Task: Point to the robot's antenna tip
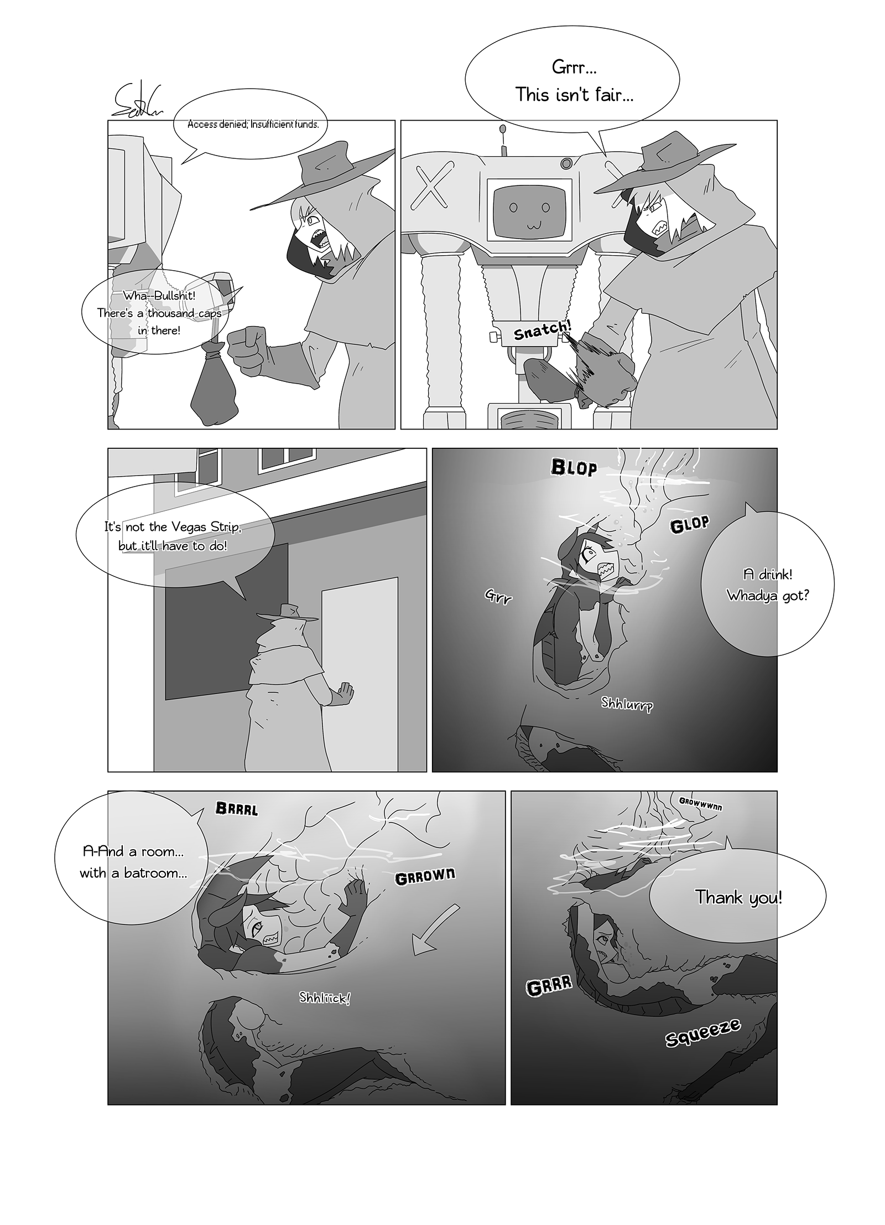[503, 130]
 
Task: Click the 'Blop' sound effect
[574, 468]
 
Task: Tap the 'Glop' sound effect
[690, 524]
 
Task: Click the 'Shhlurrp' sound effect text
[627, 704]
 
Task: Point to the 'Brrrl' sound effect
[237, 809]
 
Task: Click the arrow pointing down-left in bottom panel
[435, 929]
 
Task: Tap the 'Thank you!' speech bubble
[738, 897]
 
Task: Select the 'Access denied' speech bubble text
[253, 124]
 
